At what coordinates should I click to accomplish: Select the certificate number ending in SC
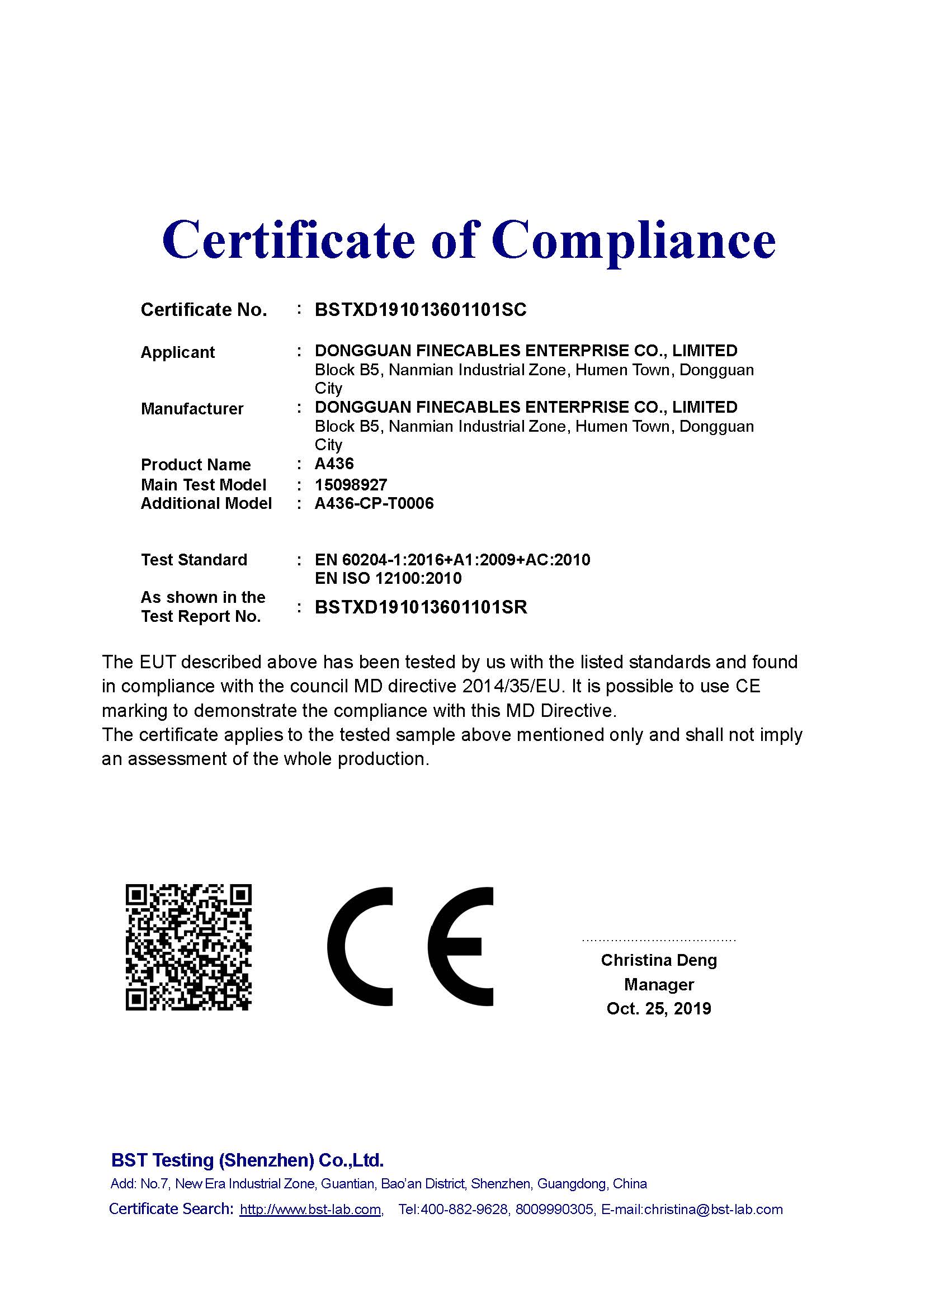pos(421,310)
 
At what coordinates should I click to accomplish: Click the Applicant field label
pos(178,352)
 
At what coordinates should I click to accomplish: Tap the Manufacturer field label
pos(192,408)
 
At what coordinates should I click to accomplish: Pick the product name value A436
pos(334,464)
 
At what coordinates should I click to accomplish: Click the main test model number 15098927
pos(351,485)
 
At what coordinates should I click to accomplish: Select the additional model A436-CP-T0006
pos(374,504)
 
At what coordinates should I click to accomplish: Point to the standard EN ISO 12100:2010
pos(388,578)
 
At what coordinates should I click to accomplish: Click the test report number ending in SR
pos(421,607)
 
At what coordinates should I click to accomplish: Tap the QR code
pos(188,947)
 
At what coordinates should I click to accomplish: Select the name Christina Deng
pos(659,960)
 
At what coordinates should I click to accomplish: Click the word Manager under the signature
pos(659,984)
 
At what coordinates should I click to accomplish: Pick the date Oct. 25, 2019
pos(659,1009)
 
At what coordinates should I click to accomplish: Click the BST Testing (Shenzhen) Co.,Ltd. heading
pos(247,1160)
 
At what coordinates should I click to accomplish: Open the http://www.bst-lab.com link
pos(310,1210)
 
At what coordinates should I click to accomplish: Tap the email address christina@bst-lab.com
pos(713,1210)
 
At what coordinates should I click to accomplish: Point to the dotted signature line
pos(659,940)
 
